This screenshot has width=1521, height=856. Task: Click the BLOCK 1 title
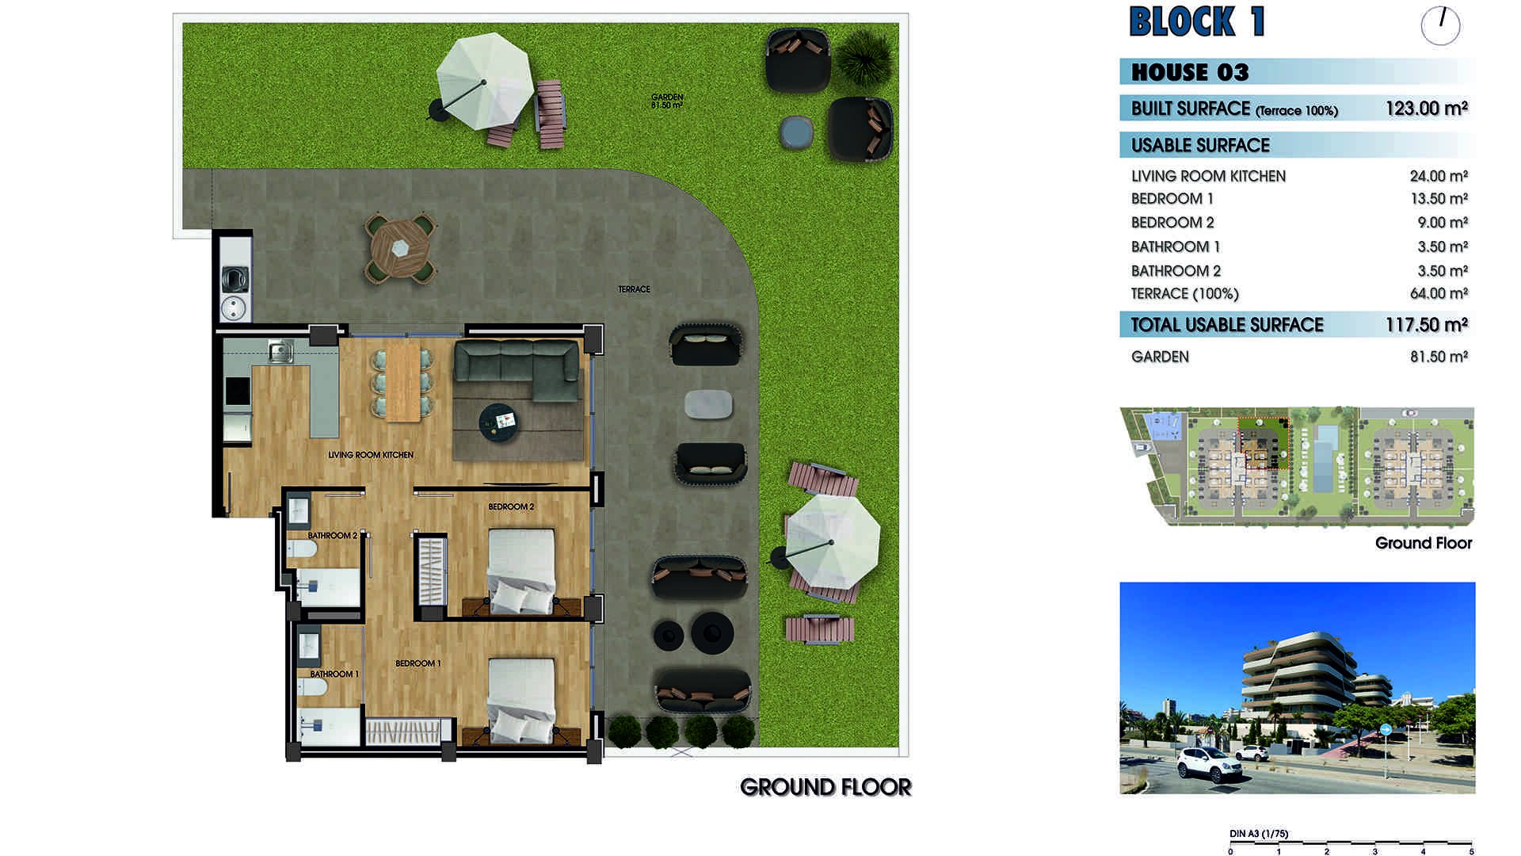click(x=1196, y=22)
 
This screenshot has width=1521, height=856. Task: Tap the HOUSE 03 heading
click(x=1190, y=72)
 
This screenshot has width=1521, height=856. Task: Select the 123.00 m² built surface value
click(x=1426, y=109)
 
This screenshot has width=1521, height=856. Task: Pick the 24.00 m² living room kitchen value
click(x=1439, y=176)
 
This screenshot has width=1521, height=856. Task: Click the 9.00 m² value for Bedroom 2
click(x=1443, y=223)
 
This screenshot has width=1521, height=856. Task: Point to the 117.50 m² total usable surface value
click(x=1426, y=325)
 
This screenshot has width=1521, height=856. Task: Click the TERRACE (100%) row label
click(x=1184, y=294)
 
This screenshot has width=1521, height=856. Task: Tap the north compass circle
click(x=1440, y=25)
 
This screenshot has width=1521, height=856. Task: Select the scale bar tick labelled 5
click(x=1471, y=852)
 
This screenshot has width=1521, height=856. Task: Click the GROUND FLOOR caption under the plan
click(x=825, y=787)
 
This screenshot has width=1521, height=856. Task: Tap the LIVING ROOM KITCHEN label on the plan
click(x=371, y=455)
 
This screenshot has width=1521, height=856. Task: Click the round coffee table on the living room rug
click(x=500, y=421)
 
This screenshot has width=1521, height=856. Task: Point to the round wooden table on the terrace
click(x=400, y=247)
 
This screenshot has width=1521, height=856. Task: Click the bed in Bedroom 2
click(x=521, y=571)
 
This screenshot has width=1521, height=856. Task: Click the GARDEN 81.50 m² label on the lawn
click(x=667, y=101)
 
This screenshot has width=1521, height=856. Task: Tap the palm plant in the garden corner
click(x=864, y=56)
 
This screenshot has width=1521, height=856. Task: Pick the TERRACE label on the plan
click(x=634, y=289)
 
